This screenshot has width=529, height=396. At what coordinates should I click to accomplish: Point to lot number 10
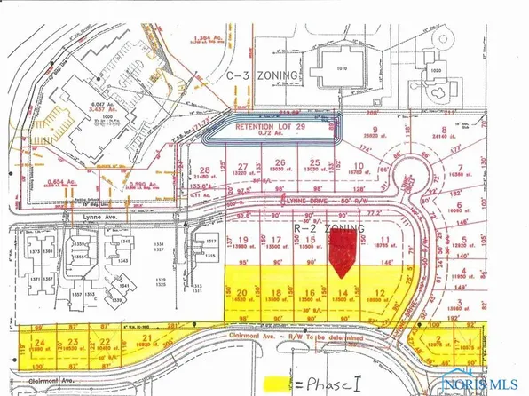coord(357,165)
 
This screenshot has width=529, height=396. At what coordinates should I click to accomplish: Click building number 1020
coord(437,67)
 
